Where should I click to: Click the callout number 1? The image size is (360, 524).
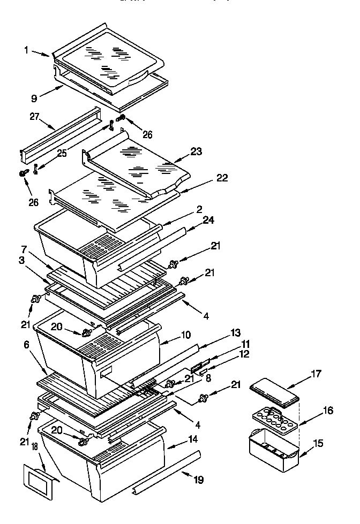point(26,50)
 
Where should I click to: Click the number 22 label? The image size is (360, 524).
point(221,178)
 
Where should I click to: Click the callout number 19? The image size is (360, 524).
point(199,480)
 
